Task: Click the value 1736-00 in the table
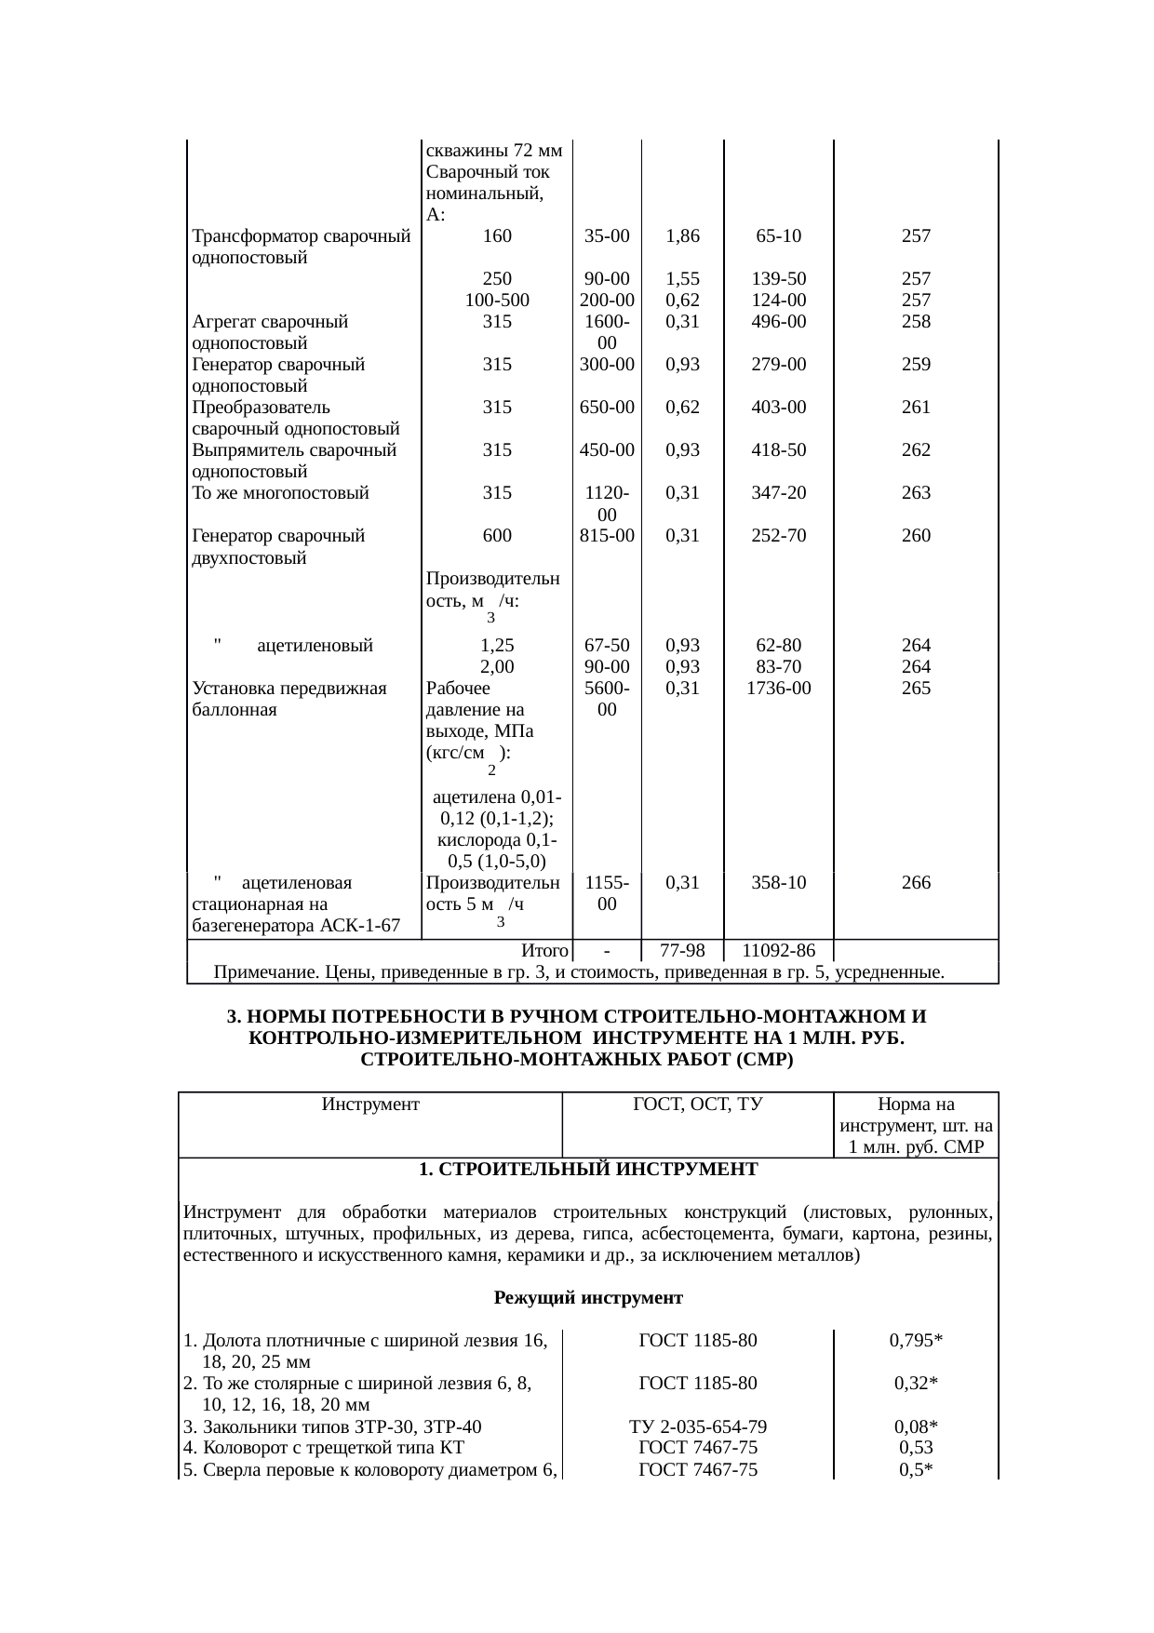tap(778, 689)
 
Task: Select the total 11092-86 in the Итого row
tap(778, 951)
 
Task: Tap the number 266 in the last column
tap(916, 882)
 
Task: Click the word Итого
tap(544, 951)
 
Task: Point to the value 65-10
tap(778, 236)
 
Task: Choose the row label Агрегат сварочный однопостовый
tap(270, 332)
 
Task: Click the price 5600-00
tap(606, 699)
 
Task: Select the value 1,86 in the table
tap(682, 236)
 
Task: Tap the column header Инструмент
tap(370, 1104)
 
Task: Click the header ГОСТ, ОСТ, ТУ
tap(697, 1104)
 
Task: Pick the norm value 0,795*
tap(916, 1341)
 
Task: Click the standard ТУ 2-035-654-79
tap(697, 1427)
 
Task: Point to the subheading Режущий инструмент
tap(587, 1298)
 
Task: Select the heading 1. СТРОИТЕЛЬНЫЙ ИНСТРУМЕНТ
tap(587, 1169)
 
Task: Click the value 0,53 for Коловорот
tap(916, 1448)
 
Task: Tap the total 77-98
tap(682, 951)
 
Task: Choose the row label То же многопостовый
tap(280, 493)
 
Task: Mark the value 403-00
tap(778, 408)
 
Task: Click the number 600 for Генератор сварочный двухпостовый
tap(497, 536)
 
